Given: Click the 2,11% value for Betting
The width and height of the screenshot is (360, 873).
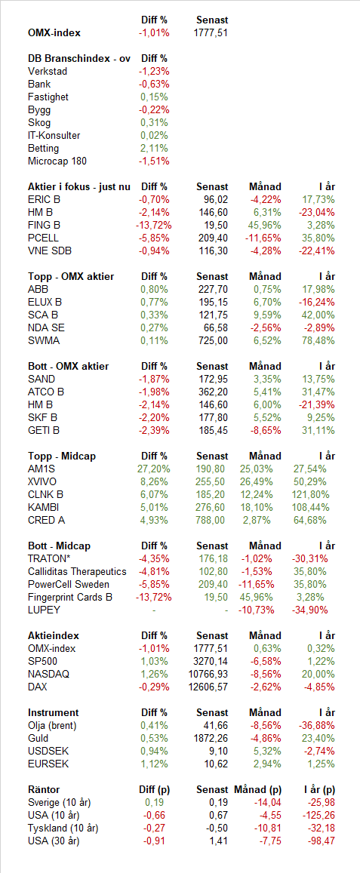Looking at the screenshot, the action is pyautogui.click(x=155, y=148).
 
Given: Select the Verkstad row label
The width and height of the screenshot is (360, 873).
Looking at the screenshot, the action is pyautogui.click(x=46, y=71).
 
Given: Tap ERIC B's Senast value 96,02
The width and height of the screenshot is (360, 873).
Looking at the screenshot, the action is pyautogui.click(x=214, y=199).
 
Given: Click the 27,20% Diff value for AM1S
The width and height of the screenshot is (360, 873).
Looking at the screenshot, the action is pyautogui.click(x=152, y=469).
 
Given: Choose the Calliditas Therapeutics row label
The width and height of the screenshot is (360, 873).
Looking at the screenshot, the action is pyautogui.click(x=78, y=571).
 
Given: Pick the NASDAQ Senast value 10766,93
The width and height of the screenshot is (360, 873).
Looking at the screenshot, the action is pyautogui.click(x=207, y=674).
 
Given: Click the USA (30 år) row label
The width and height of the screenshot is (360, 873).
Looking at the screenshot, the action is pyautogui.click(x=54, y=840).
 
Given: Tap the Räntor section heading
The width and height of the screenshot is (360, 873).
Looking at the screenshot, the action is pyautogui.click(x=44, y=789).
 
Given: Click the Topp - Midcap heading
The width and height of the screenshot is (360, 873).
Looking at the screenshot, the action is pyautogui.click(x=62, y=456).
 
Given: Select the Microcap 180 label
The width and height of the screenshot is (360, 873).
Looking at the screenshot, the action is pyautogui.click(x=57, y=161).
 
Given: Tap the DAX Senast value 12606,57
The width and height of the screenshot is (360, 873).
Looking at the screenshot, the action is pyautogui.click(x=207, y=687).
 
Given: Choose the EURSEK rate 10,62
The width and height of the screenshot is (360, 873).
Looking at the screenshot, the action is pyautogui.click(x=217, y=764).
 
